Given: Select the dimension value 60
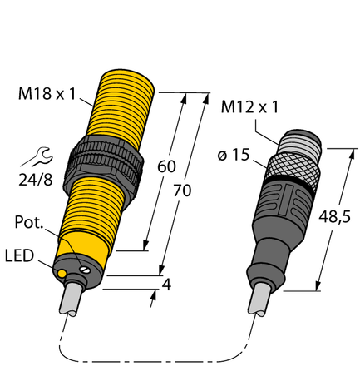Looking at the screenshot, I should pos(166,166).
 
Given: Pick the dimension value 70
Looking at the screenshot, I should pos(181,190).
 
